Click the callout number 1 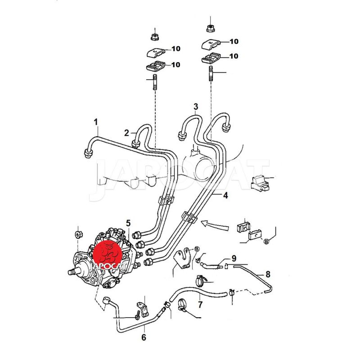tap(96, 122)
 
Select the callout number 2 tap(127, 133)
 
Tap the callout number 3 tap(196, 107)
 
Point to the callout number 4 tap(226, 196)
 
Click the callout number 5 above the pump tap(128, 223)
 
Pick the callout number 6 tap(144, 337)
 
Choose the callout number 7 tap(200, 305)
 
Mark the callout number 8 tap(268, 274)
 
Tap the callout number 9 tap(234, 258)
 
